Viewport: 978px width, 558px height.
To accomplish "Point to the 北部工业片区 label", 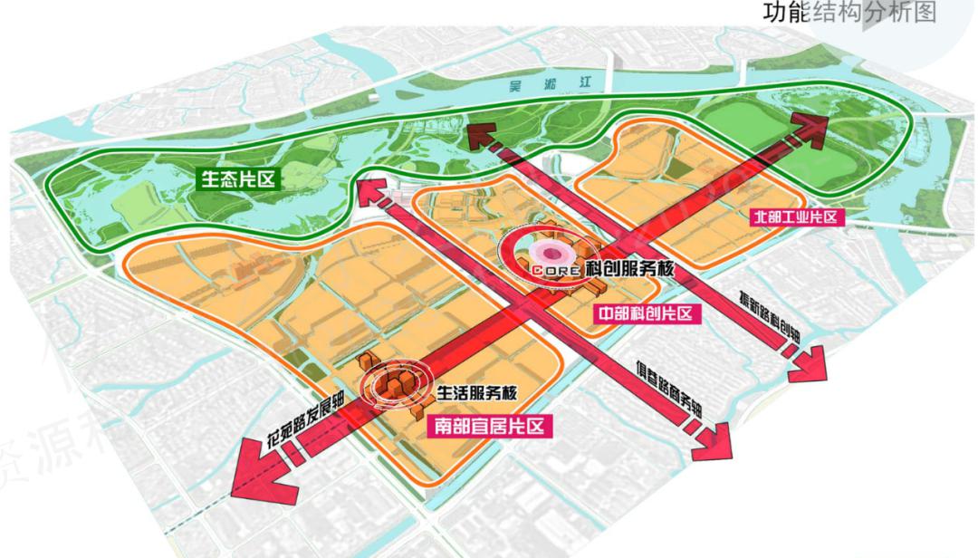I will pos(798,216).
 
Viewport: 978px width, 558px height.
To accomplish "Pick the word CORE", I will pos(552,270).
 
